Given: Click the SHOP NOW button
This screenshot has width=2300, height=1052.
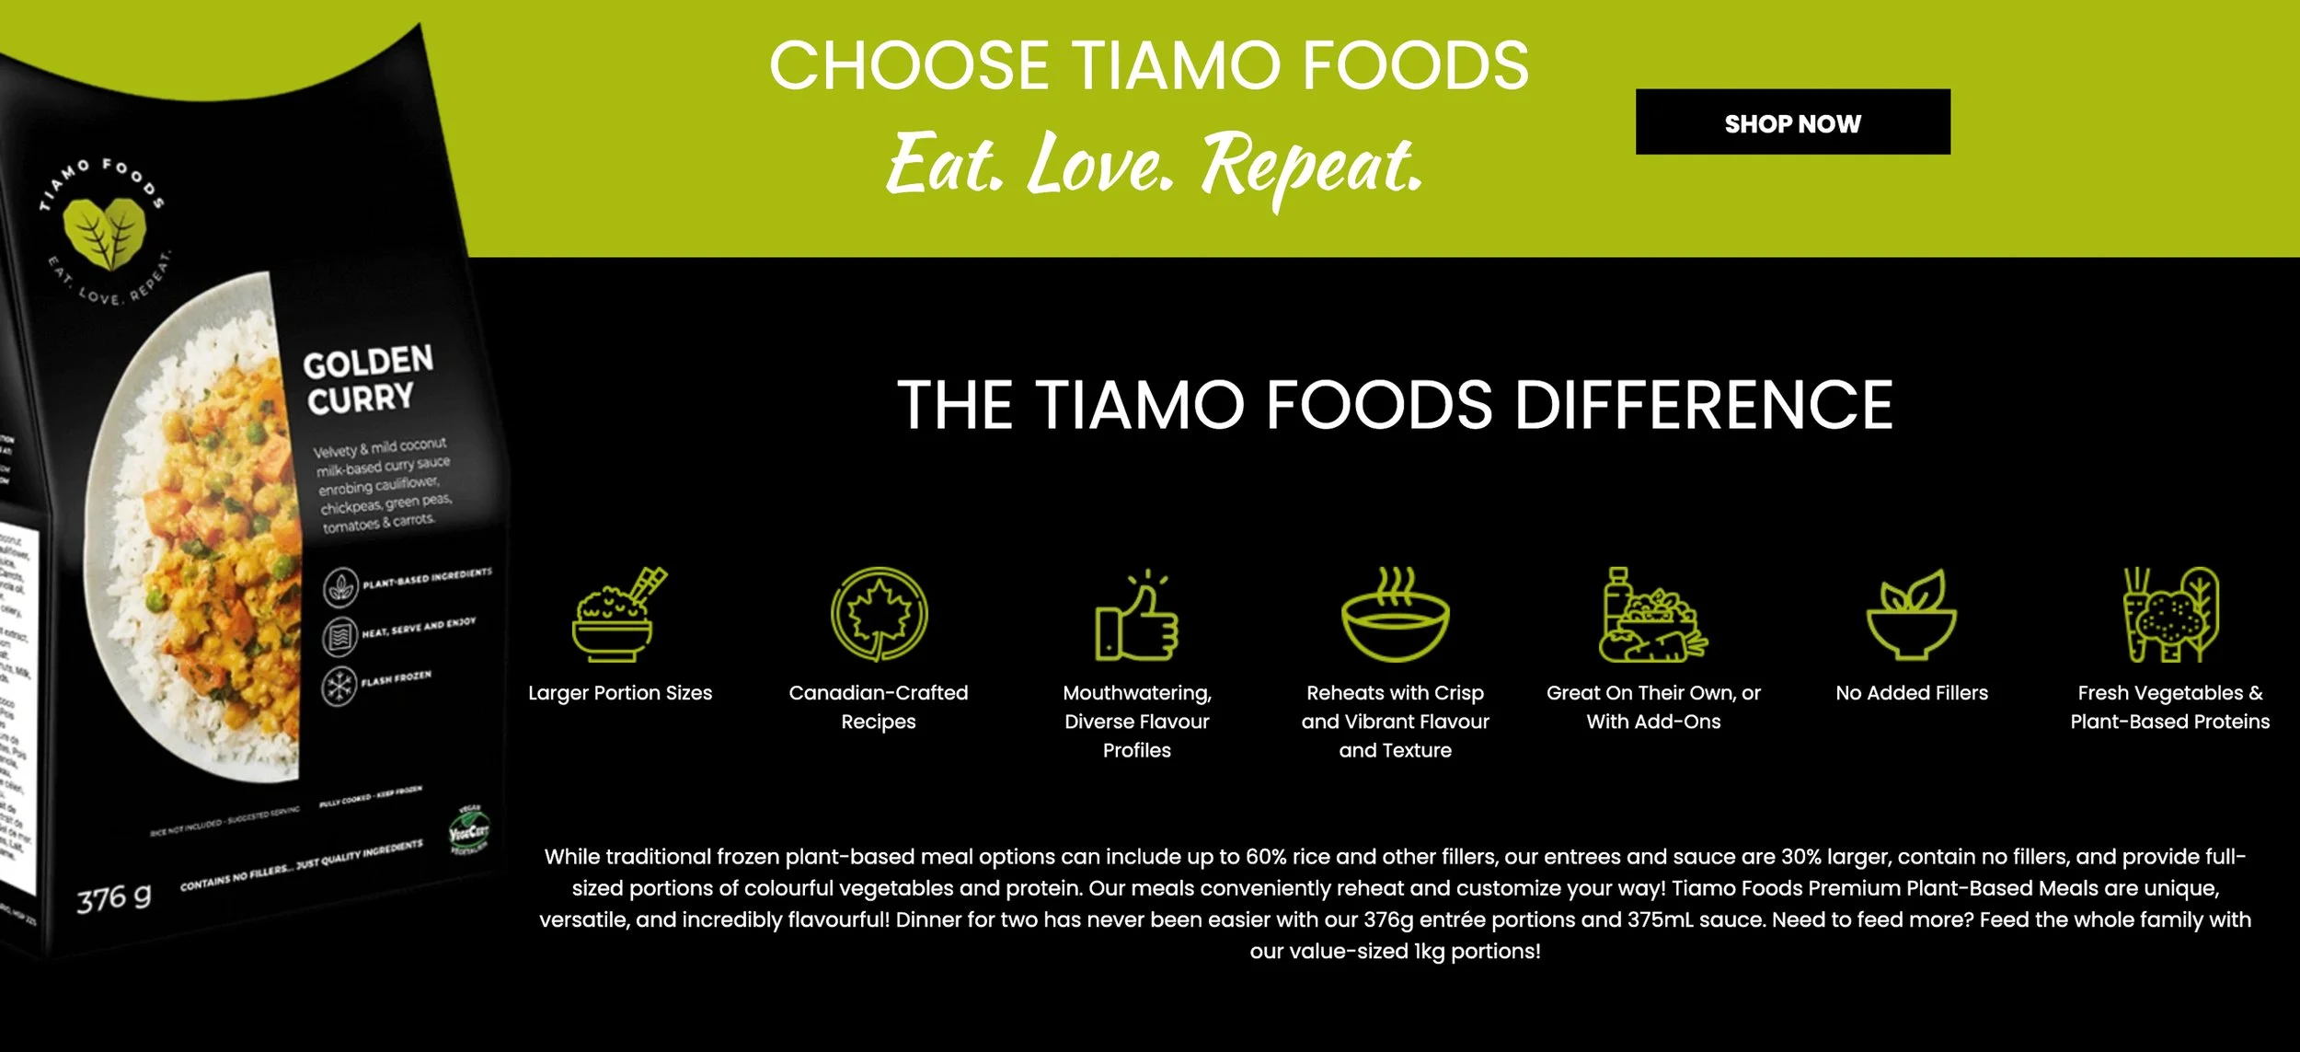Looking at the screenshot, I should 1792,122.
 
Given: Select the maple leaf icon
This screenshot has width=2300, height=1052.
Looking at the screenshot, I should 879,614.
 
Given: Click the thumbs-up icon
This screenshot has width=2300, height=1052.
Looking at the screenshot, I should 1136,617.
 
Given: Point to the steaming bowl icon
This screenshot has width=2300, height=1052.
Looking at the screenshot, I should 1395,615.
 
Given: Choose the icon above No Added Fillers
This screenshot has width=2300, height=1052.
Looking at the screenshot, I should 1912,614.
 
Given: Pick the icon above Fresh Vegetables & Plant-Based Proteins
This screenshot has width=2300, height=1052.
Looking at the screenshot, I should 2170,614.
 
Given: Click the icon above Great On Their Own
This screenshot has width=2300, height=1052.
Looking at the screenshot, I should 1653,615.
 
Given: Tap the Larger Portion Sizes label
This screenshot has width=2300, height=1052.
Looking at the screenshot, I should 620,693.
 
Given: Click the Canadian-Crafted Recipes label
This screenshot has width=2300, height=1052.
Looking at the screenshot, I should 879,707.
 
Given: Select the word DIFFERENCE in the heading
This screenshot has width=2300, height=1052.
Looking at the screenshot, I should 1703,405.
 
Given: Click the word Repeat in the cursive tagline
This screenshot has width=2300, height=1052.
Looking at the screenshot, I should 1312,166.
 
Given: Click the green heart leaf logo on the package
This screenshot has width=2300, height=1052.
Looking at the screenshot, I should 103,231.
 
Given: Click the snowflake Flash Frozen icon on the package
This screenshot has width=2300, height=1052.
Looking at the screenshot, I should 339,687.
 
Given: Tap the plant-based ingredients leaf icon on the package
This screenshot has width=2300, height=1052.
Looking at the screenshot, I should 340,587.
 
